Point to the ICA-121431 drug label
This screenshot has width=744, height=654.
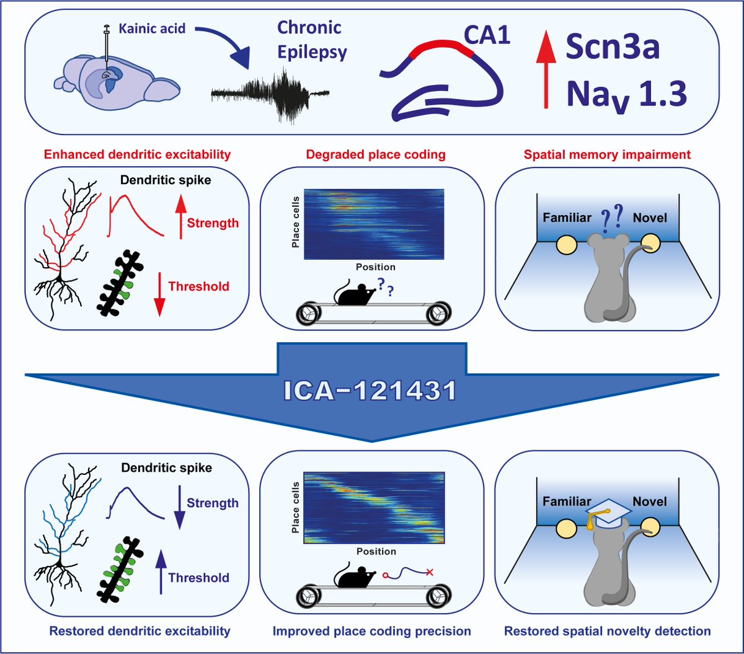371,391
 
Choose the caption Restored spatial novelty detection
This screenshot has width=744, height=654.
607,632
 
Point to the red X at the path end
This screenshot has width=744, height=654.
429,572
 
